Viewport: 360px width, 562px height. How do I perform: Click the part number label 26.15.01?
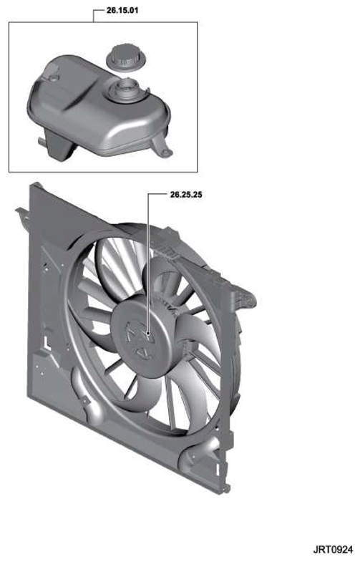click(122, 10)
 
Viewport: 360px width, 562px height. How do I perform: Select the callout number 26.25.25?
click(186, 195)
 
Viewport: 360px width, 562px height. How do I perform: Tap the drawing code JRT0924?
click(333, 549)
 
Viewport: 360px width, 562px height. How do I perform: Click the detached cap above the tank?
click(127, 58)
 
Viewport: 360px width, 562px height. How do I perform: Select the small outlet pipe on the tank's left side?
click(42, 142)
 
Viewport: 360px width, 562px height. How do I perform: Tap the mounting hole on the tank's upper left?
click(54, 77)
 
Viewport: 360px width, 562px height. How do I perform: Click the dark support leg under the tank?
click(60, 147)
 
